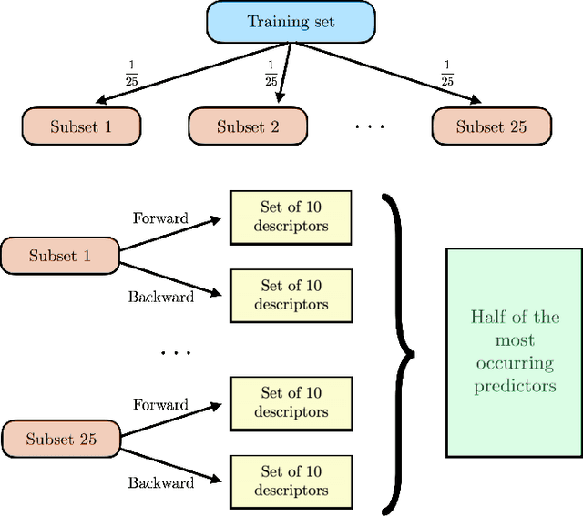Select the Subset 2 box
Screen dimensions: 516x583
tap(248, 126)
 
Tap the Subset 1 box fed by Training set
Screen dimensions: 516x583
tap(81, 126)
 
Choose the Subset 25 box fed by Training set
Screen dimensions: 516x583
tap(491, 126)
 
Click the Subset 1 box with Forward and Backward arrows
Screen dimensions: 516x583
tap(60, 256)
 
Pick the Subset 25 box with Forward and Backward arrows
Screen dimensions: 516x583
tap(60, 440)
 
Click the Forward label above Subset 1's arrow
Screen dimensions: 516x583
tap(160, 218)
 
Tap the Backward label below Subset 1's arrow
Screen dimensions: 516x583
tap(160, 297)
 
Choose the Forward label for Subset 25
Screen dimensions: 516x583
tap(160, 404)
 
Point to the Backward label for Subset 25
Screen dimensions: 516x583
tap(160, 482)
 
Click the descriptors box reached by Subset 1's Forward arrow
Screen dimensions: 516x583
tap(291, 218)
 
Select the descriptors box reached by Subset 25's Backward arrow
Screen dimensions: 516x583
tap(291, 481)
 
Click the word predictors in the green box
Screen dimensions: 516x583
tap(513, 386)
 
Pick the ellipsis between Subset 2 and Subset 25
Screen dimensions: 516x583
tap(369, 126)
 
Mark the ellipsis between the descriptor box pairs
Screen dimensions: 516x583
tap(176, 350)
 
